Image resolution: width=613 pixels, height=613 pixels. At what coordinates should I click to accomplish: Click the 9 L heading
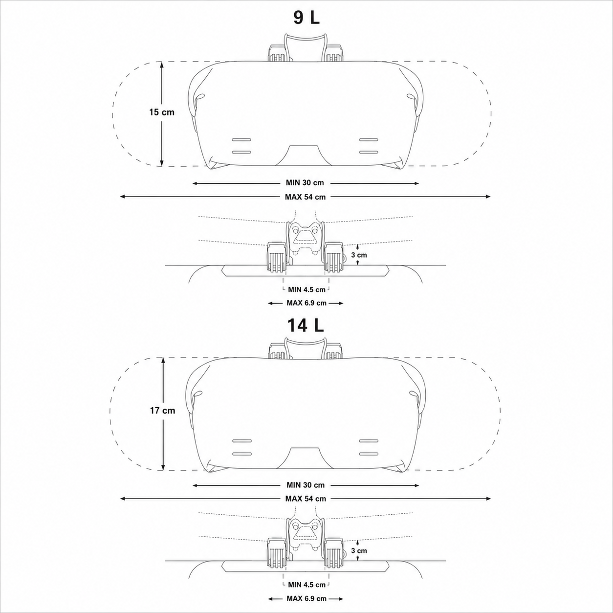coord(306,18)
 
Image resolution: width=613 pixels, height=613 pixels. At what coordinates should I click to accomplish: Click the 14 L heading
coord(306,326)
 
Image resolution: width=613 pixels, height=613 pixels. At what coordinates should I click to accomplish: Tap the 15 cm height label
coord(162,112)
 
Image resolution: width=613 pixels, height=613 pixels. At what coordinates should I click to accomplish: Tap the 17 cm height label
coord(163,411)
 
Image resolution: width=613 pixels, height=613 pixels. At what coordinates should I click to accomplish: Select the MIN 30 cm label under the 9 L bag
coord(305,183)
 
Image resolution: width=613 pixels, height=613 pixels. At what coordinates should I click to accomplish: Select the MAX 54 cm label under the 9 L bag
coord(306,197)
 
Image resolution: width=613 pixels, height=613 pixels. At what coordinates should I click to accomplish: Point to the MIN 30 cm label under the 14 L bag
coord(306,485)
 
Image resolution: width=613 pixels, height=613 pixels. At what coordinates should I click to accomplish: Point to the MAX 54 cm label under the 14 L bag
coord(306,499)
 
